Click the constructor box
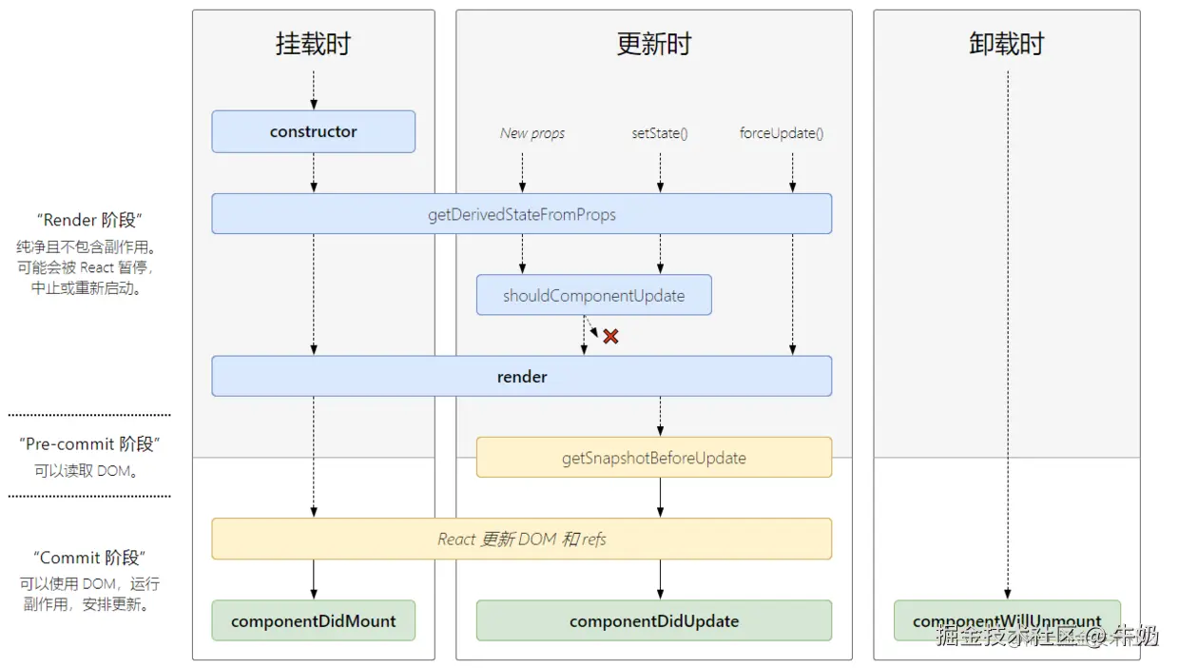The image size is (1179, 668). pyautogui.click(x=313, y=131)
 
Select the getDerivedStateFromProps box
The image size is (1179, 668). pyautogui.click(x=521, y=214)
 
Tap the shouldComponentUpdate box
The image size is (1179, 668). pyautogui.click(x=593, y=295)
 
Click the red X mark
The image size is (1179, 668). pyautogui.click(x=610, y=336)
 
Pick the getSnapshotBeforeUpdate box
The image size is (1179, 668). pyautogui.click(x=653, y=458)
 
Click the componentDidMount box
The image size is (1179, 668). pyautogui.click(x=313, y=620)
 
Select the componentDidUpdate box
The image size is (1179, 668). pyautogui.click(x=653, y=620)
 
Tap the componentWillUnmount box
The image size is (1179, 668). pyautogui.click(x=1007, y=620)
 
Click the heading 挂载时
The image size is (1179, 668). pyautogui.click(x=313, y=44)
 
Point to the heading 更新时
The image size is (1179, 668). pyautogui.click(x=653, y=44)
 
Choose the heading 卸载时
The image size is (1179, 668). pyautogui.click(x=1007, y=44)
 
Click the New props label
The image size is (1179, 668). pyautogui.click(x=532, y=133)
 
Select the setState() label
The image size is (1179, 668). pyautogui.click(x=660, y=133)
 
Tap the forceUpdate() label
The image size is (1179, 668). pyautogui.click(x=782, y=133)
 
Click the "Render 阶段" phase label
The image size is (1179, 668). pyautogui.click(x=89, y=221)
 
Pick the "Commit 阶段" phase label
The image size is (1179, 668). pyautogui.click(x=89, y=558)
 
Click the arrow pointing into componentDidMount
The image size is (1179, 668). pyautogui.click(x=313, y=580)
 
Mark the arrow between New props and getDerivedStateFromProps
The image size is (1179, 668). pyautogui.click(x=522, y=171)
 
